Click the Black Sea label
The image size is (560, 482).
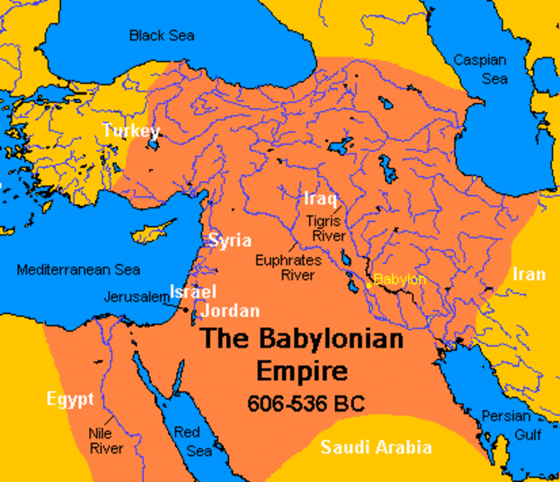[161, 35]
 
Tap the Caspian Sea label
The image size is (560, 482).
[480, 69]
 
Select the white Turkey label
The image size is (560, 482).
[131, 131]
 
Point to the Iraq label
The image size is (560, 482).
[320, 199]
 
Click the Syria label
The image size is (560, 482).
[230, 241]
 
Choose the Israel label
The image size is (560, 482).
[193, 291]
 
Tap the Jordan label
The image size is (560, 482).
[230, 310]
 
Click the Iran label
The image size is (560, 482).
[529, 274]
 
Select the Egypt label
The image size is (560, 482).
[70, 399]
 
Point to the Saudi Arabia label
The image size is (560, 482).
[376, 447]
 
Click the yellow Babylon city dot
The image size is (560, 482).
[369, 285]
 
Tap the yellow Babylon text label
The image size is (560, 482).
[400, 280]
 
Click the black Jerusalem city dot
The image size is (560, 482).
[186, 309]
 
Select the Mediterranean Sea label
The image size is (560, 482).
[78, 269]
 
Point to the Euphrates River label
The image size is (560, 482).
[288, 267]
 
